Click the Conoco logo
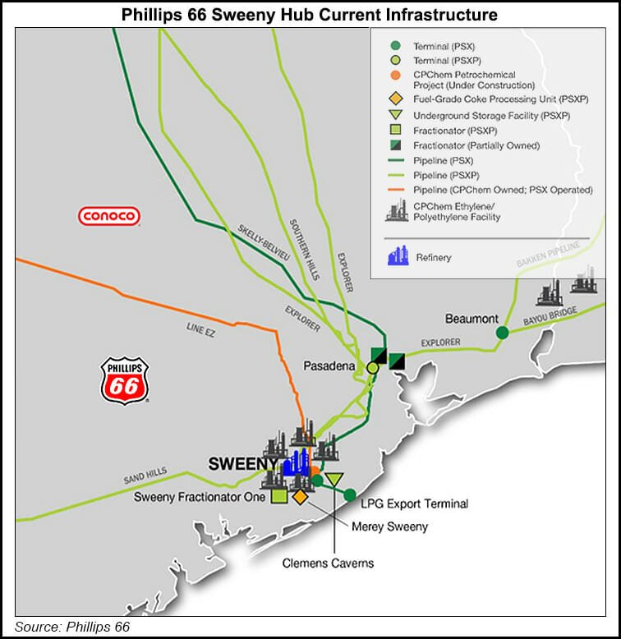click(x=109, y=217)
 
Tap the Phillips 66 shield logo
click(x=124, y=380)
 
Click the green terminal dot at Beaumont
click(x=502, y=333)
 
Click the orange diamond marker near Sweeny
click(x=300, y=497)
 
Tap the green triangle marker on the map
click(x=333, y=480)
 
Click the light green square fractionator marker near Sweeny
click(x=278, y=496)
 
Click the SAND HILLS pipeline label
click(x=145, y=479)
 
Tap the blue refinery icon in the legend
click(x=398, y=256)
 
